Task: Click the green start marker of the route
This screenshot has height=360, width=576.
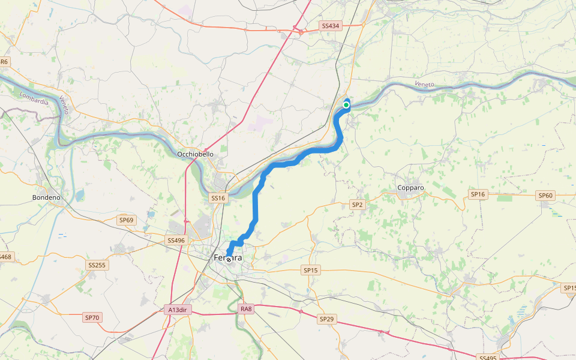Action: pyautogui.click(x=346, y=105)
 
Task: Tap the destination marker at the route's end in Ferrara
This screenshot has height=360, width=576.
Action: pyautogui.click(x=229, y=260)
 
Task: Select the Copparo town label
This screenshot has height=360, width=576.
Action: pyautogui.click(x=410, y=188)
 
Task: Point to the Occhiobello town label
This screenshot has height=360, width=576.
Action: pyautogui.click(x=195, y=154)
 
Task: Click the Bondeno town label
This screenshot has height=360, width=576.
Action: pyautogui.click(x=46, y=197)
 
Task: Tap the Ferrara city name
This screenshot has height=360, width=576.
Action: pyautogui.click(x=229, y=258)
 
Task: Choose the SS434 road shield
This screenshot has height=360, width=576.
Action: pyautogui.click(x=331, y=26)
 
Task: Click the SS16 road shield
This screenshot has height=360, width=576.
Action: pyautogui.click(x=217, y=197)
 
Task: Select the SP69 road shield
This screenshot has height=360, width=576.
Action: pyautogui.click(x=126, y=220)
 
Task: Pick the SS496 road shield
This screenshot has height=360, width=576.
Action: pyautogui.click(x=176, y=240)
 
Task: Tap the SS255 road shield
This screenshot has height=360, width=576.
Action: pyautogui.click(x=97, y=265)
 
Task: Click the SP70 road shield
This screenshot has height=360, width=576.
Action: pyautogui.click(x=92, y=317)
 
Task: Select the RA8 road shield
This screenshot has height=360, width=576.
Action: pyautogui.click(x=246, y=309)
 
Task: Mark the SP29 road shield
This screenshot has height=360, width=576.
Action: pyautogui.click(x=326, y=319)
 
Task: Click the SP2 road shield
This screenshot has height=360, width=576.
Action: pyautogui.click(x=357, y=205)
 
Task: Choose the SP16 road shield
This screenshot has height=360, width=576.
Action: pyautogui.click(x=478, y=194)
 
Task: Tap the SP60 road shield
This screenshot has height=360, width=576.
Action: pyautogui.click(x=545, y=195)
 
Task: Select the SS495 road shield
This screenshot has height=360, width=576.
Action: pyautogui.click(x=487, y=358)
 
